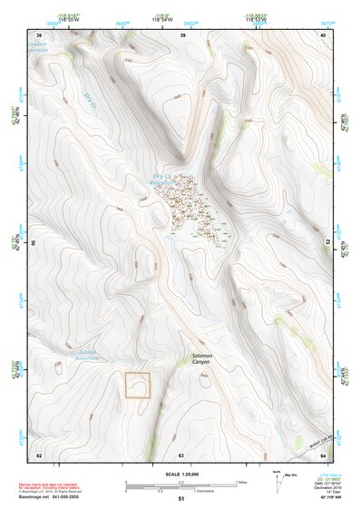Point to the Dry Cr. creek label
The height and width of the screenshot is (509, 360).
click(x=90, y=98)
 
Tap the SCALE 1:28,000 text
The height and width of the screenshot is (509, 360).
click(x=180, y=475)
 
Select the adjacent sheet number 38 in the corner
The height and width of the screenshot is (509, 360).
click(x=38, y=35)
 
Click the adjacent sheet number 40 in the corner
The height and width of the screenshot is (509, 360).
click(x=323, y=35)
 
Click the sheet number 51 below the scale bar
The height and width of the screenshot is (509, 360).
click(x=180, y=499)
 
